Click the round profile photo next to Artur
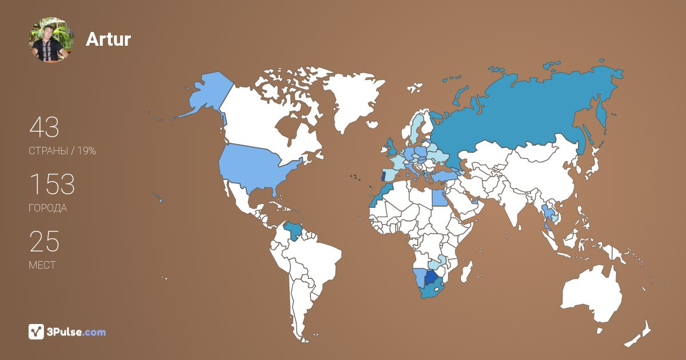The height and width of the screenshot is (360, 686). click(x=52, y=39)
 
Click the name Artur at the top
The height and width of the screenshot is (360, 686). click(x=108, y=39)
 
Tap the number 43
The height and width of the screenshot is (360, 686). click(x=44, y=127)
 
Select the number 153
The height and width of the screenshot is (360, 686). click(x=52, y=185)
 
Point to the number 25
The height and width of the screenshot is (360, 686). click(x=44, y=242)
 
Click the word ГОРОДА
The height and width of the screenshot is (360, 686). click(x=47, y=208)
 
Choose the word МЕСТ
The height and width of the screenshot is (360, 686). click(x=42, y=265)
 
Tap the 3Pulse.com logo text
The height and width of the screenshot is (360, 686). click(x=76, y=331)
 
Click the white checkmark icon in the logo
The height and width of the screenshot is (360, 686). click(x=37, y=331)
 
